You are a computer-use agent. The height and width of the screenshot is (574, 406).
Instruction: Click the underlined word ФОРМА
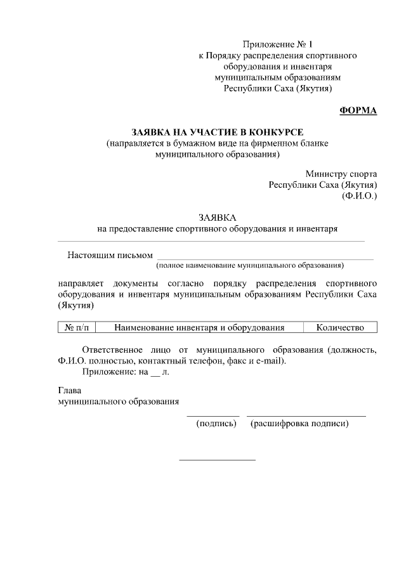click(358, 110)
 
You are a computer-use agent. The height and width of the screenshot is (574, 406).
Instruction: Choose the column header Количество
click(340, 327)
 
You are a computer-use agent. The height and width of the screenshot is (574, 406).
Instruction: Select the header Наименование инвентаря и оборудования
click(199, 327)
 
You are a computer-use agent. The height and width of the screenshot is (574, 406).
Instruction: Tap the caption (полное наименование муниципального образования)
click(251, 264)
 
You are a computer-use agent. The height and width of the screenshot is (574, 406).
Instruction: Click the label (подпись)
click(216, 423)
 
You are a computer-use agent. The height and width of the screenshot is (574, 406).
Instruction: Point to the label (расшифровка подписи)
click(299, 423)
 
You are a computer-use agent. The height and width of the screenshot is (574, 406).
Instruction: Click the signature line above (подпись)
click(213, 416)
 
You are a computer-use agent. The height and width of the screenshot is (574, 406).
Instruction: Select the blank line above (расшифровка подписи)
click(306, 416)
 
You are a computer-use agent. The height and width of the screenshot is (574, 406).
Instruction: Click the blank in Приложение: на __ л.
click(155, 372)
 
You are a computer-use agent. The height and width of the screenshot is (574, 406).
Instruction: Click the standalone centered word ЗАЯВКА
click(217, 216)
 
